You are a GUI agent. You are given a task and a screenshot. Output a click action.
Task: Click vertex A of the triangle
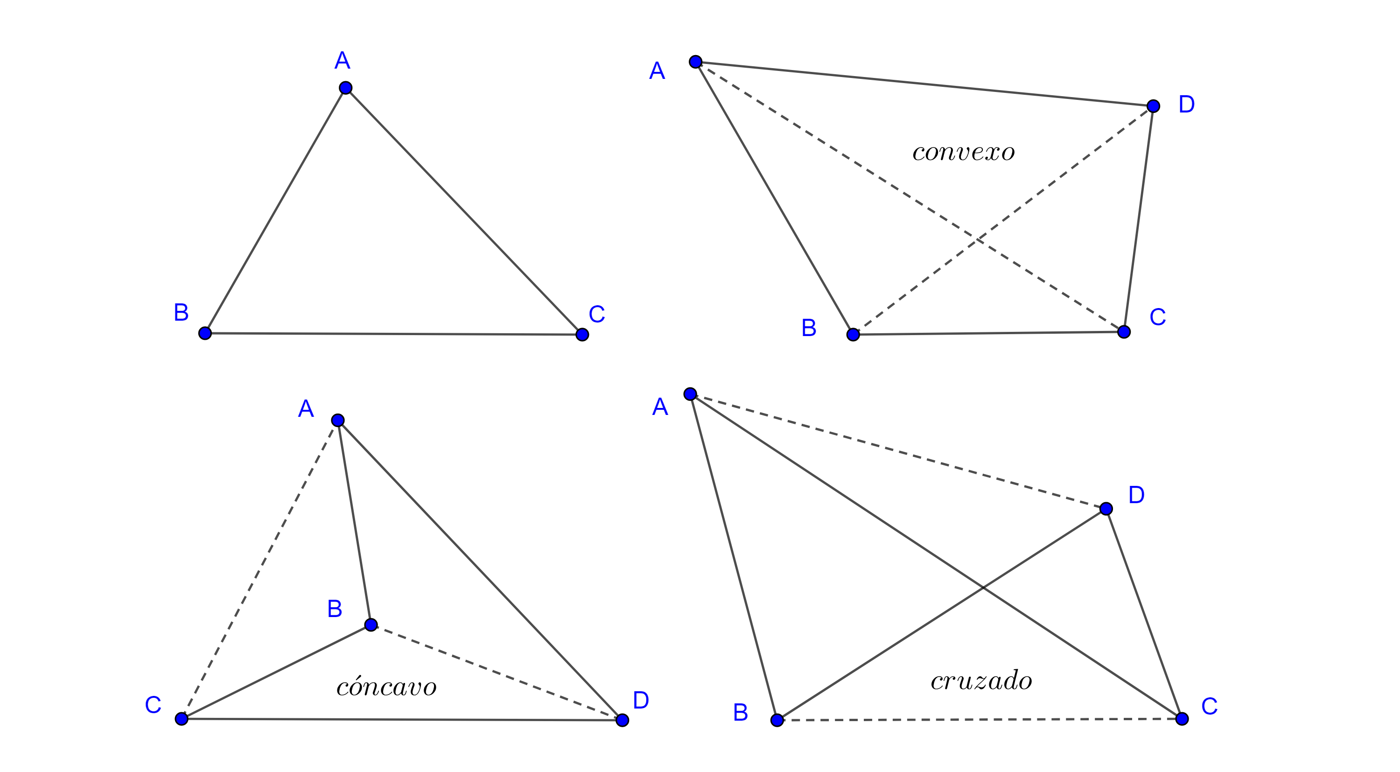346,88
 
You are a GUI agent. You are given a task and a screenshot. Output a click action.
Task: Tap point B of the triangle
205,333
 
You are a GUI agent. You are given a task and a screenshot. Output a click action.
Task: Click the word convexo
963,152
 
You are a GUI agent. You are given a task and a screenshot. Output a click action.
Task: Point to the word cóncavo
386,687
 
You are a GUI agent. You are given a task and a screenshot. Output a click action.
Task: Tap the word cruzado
981,681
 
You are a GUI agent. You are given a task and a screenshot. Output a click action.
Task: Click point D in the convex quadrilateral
1153,106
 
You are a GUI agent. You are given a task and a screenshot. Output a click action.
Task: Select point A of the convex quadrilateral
696,62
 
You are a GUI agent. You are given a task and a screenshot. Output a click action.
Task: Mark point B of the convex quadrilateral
853,334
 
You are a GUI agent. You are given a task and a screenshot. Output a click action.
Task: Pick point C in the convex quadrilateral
1124,332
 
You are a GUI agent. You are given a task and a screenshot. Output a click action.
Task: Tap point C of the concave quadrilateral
182,719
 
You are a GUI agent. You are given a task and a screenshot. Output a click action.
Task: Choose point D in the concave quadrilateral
622,720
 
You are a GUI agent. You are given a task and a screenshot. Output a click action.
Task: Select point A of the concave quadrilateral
338,420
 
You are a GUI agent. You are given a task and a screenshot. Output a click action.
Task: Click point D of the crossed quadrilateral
1106,509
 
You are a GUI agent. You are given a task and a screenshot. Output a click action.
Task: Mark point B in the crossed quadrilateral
777,720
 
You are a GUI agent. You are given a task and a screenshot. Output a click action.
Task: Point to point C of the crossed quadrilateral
1182,719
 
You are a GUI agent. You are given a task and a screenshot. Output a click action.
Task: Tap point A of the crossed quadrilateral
690,394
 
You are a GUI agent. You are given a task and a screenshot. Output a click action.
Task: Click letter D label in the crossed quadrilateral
1136,495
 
